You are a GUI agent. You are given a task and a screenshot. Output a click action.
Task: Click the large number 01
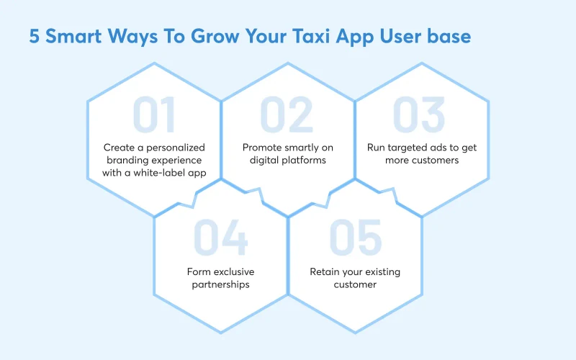pyautogui.click(x=154, y=115)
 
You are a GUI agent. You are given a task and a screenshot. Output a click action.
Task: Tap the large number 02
pyautogui.click(x=287, y=115)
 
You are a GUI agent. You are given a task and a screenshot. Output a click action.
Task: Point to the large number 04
pyautogui.click(x=220, y=239)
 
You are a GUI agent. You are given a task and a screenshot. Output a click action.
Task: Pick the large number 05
pyautogui.click(x=356, y=239)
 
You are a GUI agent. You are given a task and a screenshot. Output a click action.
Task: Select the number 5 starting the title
pyautogui.click(x=34, y=37)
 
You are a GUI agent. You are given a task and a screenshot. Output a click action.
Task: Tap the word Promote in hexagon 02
pyautogui.click(x=262, y=148)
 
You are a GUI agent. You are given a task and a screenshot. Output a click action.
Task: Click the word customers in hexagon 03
pyautogui.click(x=436, y=160)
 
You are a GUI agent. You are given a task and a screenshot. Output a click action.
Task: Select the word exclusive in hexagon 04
pyautogui.click(x=233, y=271)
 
